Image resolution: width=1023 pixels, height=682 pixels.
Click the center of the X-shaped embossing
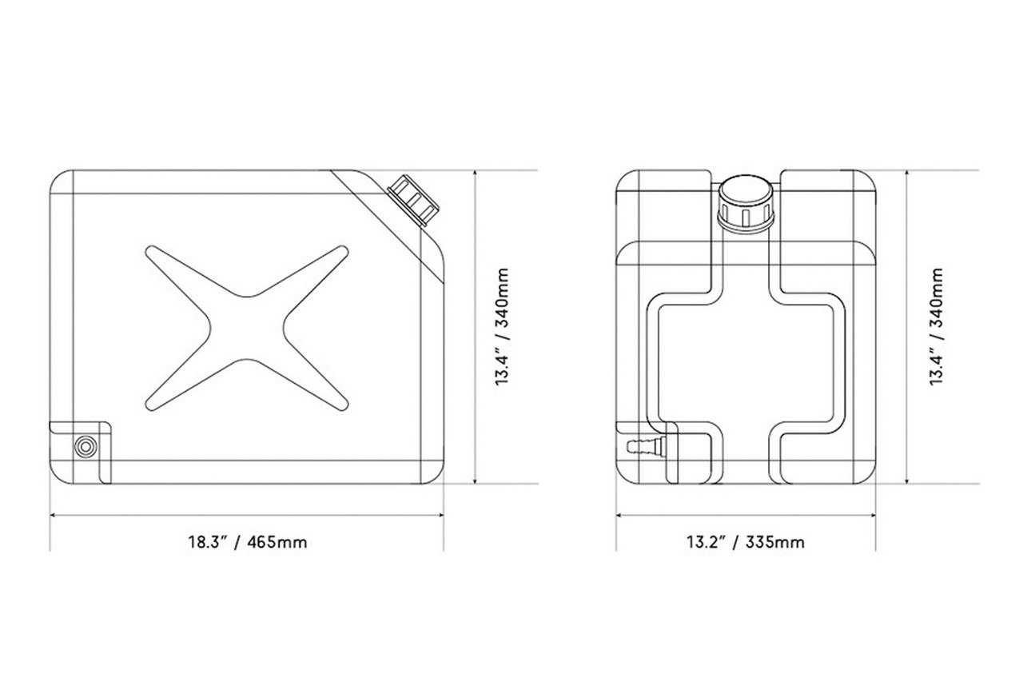[x=247, y=327]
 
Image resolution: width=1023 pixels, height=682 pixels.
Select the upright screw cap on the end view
[x=746, y=204]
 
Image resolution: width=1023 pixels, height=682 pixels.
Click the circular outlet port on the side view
[x=83, y=446]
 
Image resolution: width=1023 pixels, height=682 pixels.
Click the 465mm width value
[x=277, y=542]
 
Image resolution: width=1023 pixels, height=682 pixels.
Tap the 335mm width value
[x=775, y=542]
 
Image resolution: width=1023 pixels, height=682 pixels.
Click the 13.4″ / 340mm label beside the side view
[x=502, y=327]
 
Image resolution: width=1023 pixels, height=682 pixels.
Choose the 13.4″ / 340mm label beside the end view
[x=936, y=327]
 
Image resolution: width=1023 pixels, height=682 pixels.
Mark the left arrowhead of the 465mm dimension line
[x=53, y=514]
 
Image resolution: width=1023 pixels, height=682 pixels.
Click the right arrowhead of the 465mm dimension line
[x=442, y=514]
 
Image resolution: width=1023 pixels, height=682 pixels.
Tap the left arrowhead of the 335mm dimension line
[x=619, y=514]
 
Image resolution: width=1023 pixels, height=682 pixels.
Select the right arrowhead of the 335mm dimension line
[x=874, y=514]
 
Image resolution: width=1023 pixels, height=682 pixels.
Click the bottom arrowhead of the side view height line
[x=476, y=481]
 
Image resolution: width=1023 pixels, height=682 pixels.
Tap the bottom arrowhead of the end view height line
[x=909, y=481]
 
